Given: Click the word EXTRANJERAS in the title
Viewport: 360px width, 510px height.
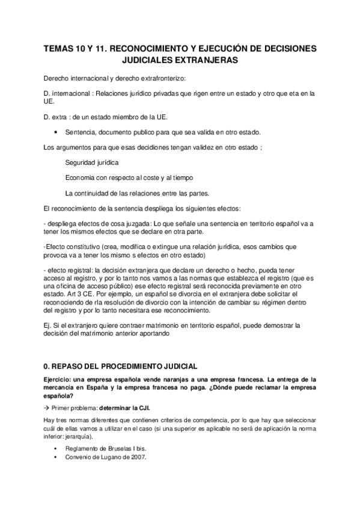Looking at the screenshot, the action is (x=208, y=60).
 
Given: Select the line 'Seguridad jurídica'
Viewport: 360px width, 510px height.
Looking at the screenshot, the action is (x=92, y=162).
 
